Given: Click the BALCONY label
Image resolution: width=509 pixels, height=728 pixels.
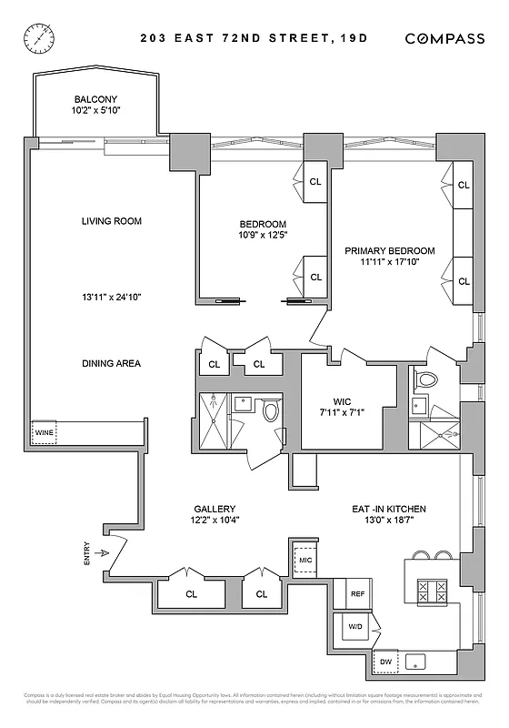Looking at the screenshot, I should point(95,100).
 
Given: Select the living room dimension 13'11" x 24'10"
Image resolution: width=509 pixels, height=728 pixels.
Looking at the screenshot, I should point(112,297).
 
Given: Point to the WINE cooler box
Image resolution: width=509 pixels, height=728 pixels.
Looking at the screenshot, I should point(45,433).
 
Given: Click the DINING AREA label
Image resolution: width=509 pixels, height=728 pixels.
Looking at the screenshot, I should point(111,363).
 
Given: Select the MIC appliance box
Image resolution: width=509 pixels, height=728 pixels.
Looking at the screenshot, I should point(305,561).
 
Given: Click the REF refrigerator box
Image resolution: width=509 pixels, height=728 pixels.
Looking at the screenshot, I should point(357,593).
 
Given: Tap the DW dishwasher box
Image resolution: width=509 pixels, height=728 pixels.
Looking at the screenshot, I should point(385,661).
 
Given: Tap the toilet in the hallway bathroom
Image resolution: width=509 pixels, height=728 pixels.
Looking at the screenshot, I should point(271,412).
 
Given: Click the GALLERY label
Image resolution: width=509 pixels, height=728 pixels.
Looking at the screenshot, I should point(215,509).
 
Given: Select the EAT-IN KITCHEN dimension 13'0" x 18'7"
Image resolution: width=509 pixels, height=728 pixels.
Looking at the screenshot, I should point(390,521).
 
